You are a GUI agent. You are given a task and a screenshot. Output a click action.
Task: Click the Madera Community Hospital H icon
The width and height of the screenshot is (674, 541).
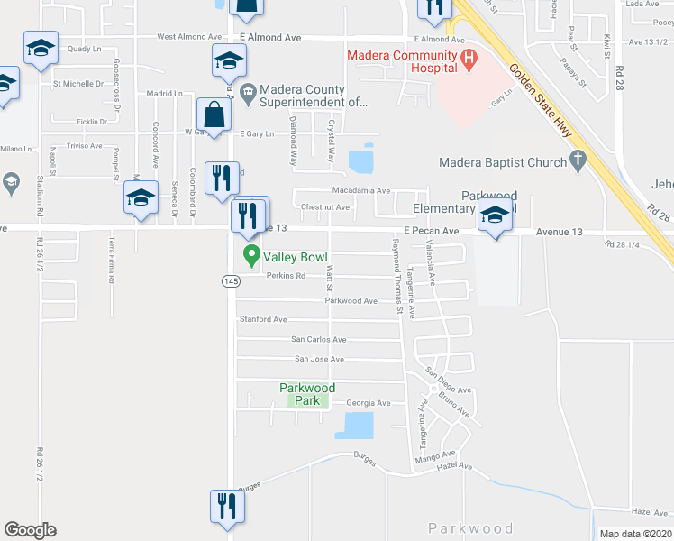(x=468, y=60)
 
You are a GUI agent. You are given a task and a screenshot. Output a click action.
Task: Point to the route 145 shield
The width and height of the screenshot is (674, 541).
(x=230, y=281)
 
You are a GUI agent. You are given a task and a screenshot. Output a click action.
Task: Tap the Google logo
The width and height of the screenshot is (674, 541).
(x=30, y=530)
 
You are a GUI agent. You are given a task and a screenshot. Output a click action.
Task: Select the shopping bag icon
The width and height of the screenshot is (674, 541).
(x=214, y=115)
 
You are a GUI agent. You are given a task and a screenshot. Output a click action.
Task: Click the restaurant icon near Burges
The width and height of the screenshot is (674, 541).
(x=226, y=506)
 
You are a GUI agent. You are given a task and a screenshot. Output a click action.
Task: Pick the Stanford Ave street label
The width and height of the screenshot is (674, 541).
(x=262, y=319)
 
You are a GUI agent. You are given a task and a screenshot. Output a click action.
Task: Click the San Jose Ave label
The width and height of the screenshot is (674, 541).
(x=320, y=359)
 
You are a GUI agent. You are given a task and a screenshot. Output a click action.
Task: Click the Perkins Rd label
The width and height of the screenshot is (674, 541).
(x=279, y=275)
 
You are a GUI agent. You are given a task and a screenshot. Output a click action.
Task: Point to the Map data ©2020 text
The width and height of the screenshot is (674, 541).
(x=634, y=534)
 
